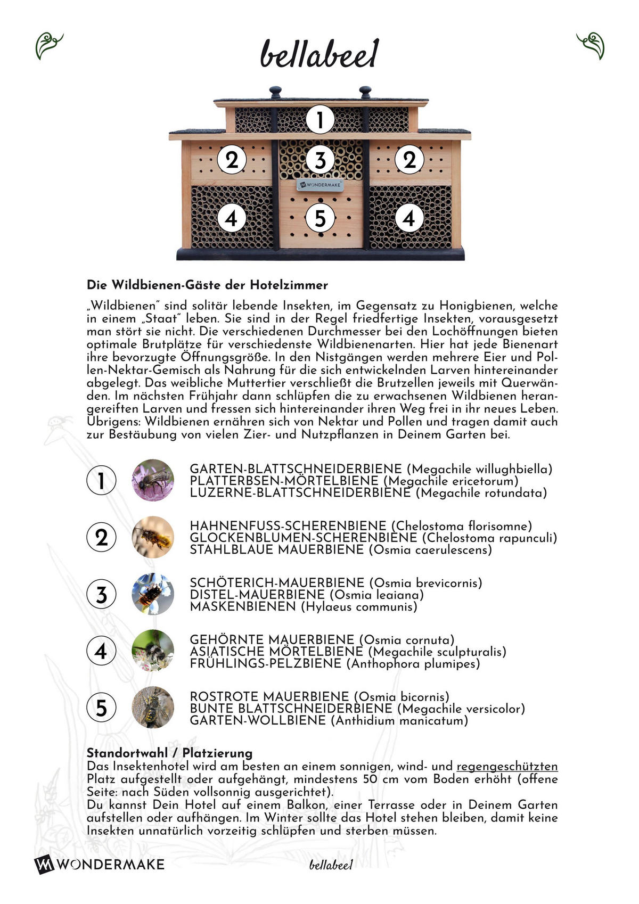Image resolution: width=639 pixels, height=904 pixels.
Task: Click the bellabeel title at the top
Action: point(319,54)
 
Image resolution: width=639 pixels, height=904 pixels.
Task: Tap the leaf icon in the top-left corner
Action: point(48,46)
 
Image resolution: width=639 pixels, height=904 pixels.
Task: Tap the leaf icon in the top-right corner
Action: point(591,46)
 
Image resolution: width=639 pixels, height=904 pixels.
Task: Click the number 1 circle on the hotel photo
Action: point(319,120)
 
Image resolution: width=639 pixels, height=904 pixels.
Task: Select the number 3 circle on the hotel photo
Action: point(319,160)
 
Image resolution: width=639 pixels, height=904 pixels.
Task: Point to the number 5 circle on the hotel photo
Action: point(319,218)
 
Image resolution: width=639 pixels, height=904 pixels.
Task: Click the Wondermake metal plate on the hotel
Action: point(319,185)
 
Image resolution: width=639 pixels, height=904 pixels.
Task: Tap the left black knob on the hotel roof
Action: point(275,92)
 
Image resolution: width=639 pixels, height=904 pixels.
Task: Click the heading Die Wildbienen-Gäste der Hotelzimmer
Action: point(207,285)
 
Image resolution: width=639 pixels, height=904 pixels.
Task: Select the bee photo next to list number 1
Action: point(153,480)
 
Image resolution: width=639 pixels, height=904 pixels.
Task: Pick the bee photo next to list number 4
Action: point(153,651)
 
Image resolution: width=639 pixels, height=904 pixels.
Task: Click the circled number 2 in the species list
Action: point(101,537)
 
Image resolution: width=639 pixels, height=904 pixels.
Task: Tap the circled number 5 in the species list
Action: point(101,708)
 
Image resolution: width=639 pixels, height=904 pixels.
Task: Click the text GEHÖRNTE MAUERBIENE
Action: point(272,639)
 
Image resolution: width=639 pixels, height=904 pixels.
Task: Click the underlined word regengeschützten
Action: point(507,767)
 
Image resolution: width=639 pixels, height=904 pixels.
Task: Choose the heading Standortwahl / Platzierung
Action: point(169,753)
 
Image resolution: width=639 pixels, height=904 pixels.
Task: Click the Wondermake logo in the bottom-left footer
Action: point(100,864)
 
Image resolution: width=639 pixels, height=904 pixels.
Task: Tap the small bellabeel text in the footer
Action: point(331,865)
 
